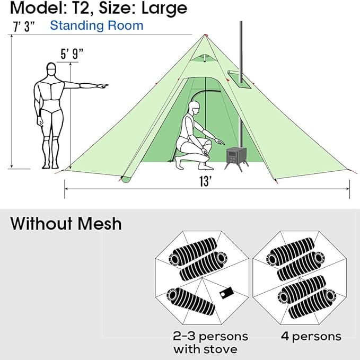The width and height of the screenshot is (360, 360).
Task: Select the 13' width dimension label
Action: click(205, 181)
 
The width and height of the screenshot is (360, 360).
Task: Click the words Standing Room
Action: click(96, 25)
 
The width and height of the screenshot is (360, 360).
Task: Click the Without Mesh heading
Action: click(66, 223)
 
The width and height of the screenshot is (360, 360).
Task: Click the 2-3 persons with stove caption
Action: click(210, 343)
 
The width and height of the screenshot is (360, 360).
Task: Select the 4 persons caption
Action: click(309, 336)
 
